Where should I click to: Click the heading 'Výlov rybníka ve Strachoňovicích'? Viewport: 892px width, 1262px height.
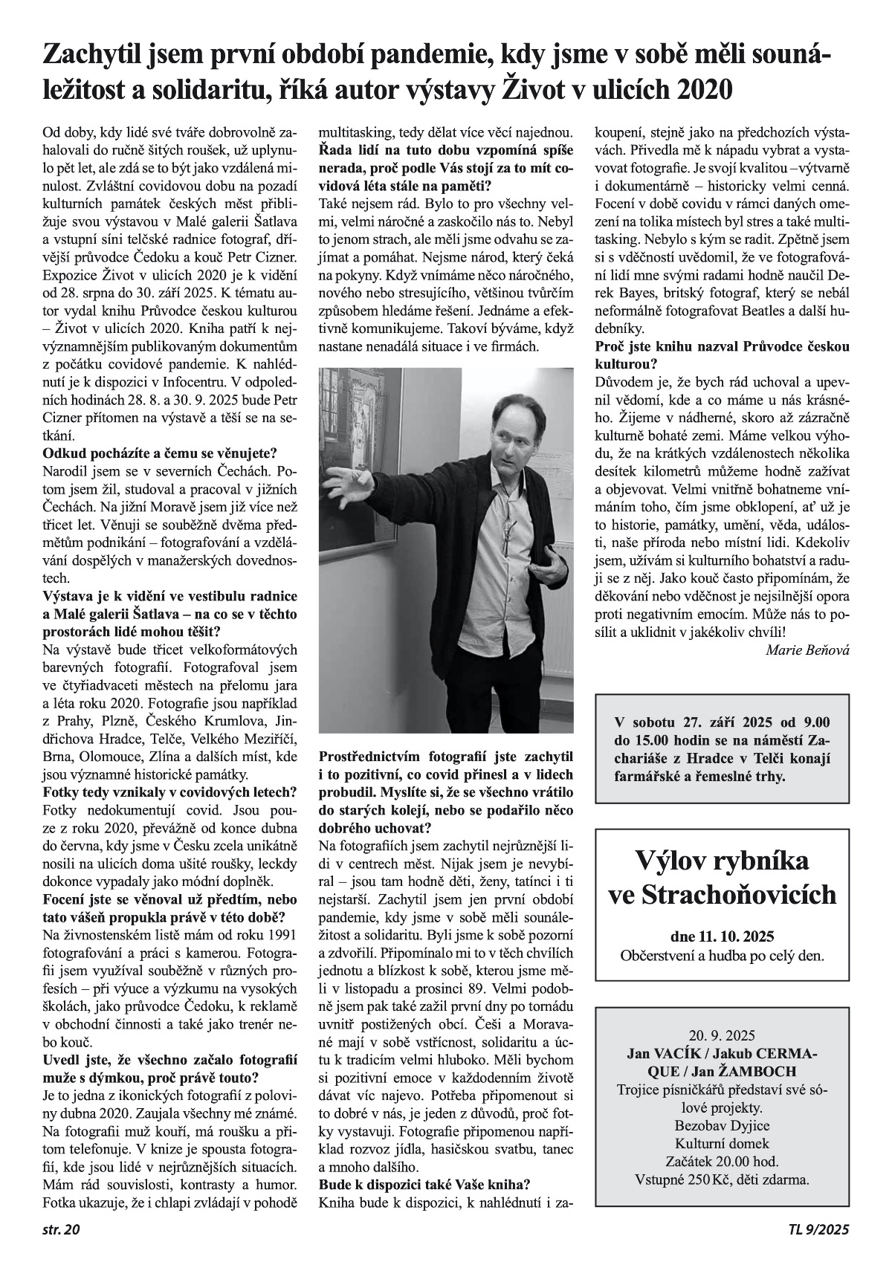tap(722, 877)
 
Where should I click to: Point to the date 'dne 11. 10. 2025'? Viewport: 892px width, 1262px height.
tap(721, 936)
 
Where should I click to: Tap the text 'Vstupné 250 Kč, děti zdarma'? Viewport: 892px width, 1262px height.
tap(722, 1180)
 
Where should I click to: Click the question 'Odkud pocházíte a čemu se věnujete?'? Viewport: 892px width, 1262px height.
tap(160, 453)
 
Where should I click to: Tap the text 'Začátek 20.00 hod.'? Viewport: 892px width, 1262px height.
tap(722, 1162)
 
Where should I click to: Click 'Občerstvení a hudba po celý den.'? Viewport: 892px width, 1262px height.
tap(722, 955)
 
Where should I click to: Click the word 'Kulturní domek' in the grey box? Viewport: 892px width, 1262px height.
tap(722, 1143)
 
